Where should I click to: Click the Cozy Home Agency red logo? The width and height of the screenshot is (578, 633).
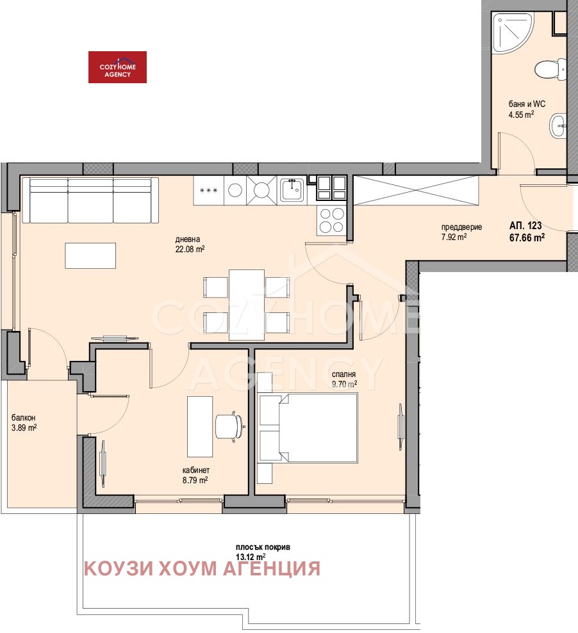click(x=117, y=67)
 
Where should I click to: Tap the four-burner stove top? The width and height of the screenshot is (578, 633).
click(x=331, y=220)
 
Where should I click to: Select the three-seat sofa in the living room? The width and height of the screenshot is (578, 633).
click(x=90, y=200)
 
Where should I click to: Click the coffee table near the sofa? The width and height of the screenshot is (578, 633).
click(x=90, y=255)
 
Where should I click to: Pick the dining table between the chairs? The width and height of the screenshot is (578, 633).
click(x=247, y=304)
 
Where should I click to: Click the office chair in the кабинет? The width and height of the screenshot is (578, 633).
click(x=229, y=426)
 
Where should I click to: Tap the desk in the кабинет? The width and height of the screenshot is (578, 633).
click(x=199, y=424)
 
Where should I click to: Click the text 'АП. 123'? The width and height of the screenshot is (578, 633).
click(x=525, y=225)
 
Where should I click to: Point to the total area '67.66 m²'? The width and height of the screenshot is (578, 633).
click(x=527, y=237)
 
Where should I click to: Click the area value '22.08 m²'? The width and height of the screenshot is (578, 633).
click(x=190, y=250)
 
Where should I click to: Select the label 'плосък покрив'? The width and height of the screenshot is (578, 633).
click(x=263, y=547)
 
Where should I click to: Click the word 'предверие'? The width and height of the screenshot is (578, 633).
click(x=461, y=227)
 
